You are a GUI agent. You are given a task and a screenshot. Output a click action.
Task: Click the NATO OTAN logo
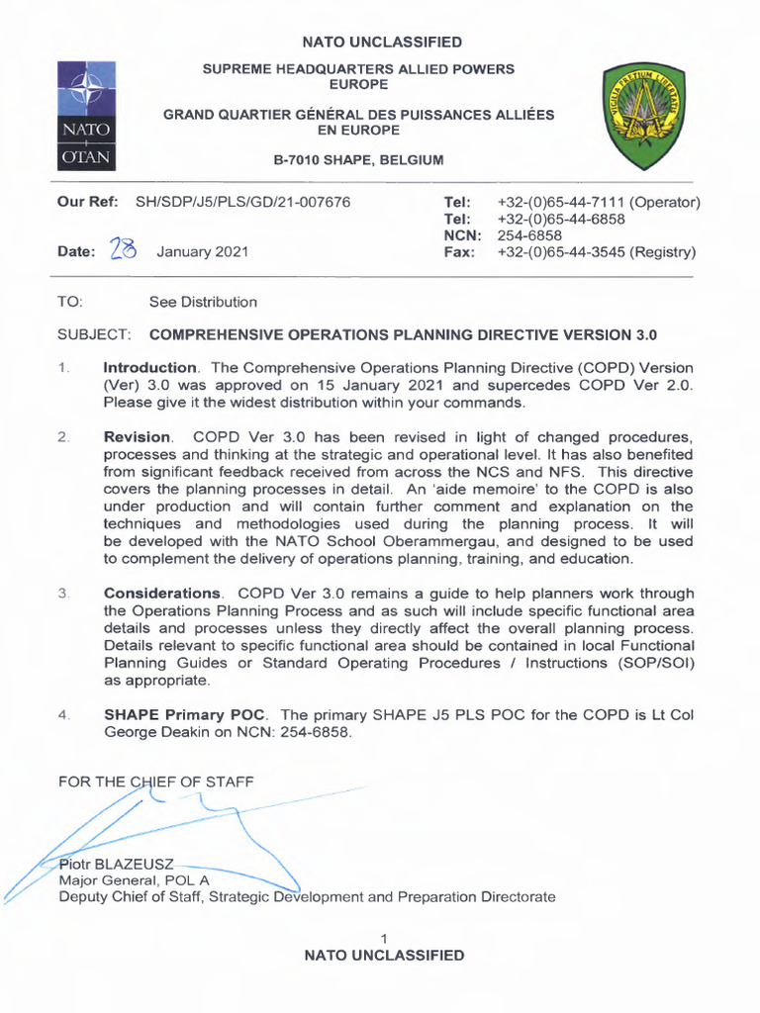tap(87, 115)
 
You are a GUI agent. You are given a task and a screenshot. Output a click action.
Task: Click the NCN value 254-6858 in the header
tap(528, 235)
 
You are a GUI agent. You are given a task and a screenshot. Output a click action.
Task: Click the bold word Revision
tap(138, 436)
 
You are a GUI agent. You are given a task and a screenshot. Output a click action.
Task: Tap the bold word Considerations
tap(162, 593)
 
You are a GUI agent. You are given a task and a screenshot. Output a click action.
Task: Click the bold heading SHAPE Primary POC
tap(187, 714)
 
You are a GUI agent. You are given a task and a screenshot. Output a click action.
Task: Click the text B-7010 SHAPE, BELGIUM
tap(358, 160)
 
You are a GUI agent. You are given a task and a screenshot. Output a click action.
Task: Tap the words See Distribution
tap(203, 302)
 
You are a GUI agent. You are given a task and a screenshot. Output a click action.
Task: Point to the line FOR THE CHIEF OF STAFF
tap(156, 782)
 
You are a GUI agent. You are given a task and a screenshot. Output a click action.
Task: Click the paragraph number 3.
tap(63, 593)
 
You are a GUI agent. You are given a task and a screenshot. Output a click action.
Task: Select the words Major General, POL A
tap(134, 880)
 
